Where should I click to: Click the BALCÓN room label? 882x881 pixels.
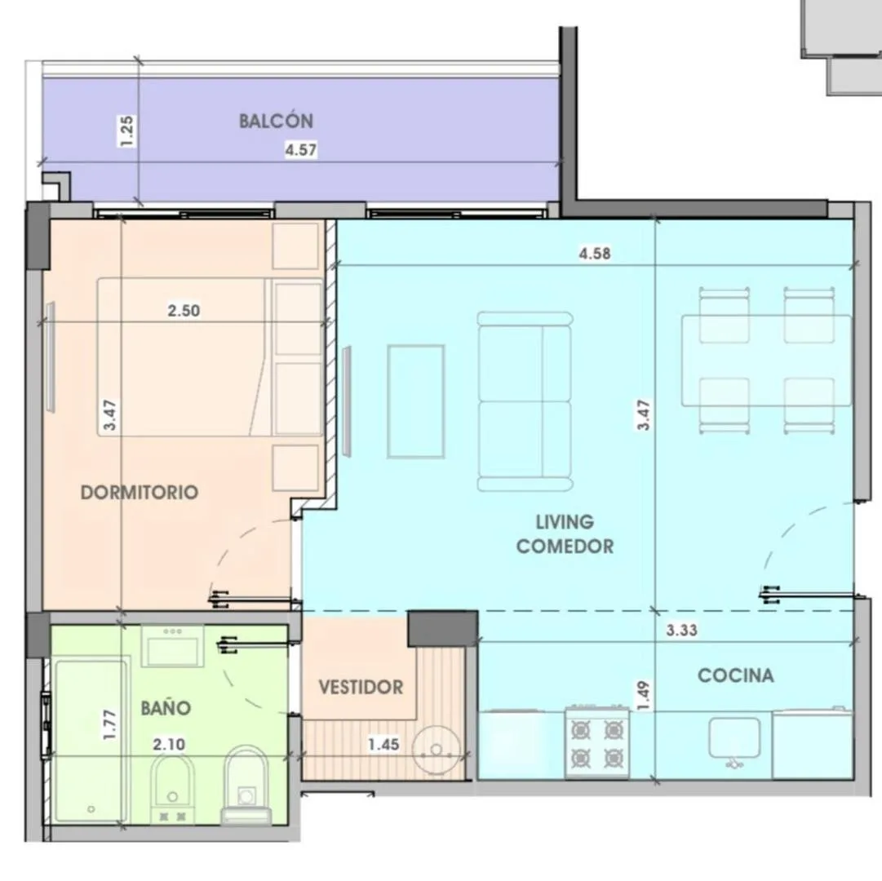coord(276,121)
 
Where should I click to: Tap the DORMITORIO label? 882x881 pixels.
coord(140,493)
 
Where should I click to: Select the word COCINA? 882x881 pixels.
coord(736,675)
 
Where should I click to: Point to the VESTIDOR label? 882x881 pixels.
coord(361,687)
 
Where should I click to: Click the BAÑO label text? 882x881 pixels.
coord(166,708)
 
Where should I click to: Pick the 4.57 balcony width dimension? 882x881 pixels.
coord(301,150)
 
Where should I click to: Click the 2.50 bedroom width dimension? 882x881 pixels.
coord(184,310)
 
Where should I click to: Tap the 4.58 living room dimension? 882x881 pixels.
coord(595,254)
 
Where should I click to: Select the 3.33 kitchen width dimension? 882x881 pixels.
coord(682,631)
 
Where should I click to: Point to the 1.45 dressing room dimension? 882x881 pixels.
coord(383,745)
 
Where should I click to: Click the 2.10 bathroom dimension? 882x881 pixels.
coord(169,745)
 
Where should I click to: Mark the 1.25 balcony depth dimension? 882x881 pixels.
coord(127,131)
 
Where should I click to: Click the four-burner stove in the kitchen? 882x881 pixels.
coord(596,742)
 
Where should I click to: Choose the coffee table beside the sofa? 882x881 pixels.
coord(415,401)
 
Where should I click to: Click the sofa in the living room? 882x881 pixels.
coord(525,401)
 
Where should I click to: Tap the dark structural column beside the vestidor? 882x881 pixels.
coord(443,627)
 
